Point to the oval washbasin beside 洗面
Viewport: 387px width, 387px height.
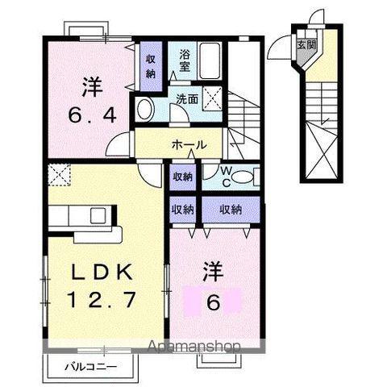coord(146,110)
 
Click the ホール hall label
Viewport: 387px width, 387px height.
coord(189,145)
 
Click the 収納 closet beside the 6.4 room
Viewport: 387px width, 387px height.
coord(151,66)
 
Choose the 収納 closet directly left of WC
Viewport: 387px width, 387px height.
coord(182,176)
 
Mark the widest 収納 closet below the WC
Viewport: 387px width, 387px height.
coord(231,209)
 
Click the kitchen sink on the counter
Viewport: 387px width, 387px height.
coord(98,216)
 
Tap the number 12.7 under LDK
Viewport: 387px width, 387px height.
coord(102,300)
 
